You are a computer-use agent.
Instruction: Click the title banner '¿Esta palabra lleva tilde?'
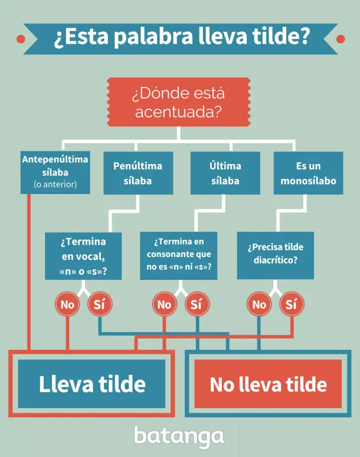click(x=181, y=39)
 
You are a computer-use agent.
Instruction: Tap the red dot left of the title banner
click(x=21, y=39)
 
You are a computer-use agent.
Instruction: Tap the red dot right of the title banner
click(x=341, y=39)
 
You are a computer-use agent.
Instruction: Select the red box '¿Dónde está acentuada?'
click(x=178, y=102)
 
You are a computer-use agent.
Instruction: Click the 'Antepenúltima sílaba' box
click(x=55, y=173)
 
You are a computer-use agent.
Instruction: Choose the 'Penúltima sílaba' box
click(x=138, y=173)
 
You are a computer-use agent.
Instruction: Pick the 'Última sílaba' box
click(x=225, y=173)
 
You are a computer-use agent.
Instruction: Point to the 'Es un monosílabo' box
click(x=309, y=173)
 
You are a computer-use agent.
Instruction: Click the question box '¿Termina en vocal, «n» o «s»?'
click(x=83, y=256)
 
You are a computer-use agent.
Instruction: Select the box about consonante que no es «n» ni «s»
click(x=179, y=255)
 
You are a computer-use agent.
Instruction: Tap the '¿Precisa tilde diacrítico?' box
click(x=275, y=255)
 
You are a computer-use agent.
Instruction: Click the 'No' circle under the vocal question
click(x=67, y=304)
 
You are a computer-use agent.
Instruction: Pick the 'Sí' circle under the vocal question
click(x=99, y=304)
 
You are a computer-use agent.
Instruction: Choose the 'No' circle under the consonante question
click(x=165, y=304)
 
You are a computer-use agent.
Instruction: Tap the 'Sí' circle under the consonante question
click(x=197, y=304)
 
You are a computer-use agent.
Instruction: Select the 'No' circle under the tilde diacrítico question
click(x=259, y=304)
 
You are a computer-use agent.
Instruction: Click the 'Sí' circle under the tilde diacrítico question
click(x=291, y=304)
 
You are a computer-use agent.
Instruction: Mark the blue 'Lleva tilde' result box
click(x=91, y=383)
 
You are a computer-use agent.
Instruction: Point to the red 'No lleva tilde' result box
click(x=268, y=383)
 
